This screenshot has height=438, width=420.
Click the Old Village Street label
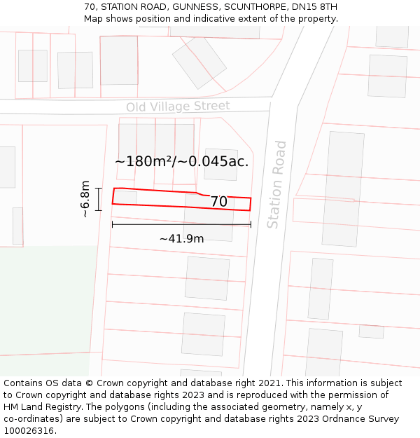click(x=178, y=107)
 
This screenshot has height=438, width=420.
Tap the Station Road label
click(x=277, y=184)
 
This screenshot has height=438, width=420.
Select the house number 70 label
click(x=218, y=202)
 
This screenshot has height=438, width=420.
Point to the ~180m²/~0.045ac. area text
click(x=182, y=162)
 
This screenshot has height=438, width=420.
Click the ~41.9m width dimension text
click(x=181, y=239)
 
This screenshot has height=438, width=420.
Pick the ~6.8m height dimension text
click(x=85, y=199)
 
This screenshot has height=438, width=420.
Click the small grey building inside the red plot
click(x=125, y=196)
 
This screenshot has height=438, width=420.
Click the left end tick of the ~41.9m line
click(x=112, y=224)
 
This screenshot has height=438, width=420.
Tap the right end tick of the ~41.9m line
click(x=251, y=224)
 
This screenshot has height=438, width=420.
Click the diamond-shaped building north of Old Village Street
click(x=199, y=62)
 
